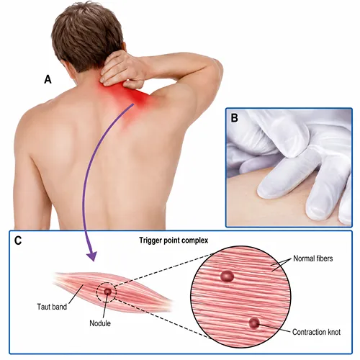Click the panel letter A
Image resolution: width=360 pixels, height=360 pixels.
tap(48, 79)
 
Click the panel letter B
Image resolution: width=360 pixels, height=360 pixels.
tap(234, 118)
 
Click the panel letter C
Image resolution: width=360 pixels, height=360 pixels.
tap(18, 240)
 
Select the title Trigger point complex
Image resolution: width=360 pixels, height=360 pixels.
tap(174, 240)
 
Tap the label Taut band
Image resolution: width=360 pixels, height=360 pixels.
tap(52, 307)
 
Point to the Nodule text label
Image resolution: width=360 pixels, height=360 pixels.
tap(100, 323)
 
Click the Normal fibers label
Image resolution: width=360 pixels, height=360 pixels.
tap(313, 258)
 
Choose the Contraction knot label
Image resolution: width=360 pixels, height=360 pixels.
tap(316, 332)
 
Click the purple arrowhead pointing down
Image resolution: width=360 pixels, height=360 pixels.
tap(91, 256)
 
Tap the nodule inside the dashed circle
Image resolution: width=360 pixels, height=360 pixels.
tap(107, 292)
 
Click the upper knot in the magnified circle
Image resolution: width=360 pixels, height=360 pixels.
tap(227, 276)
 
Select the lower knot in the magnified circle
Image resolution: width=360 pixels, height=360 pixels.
tap(254, 323)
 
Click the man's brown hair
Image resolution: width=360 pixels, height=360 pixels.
tap(86, 36)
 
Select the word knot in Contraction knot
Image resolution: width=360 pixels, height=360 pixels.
tap(334, 332)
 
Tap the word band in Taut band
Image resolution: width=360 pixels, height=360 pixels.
tap(60, 307)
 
